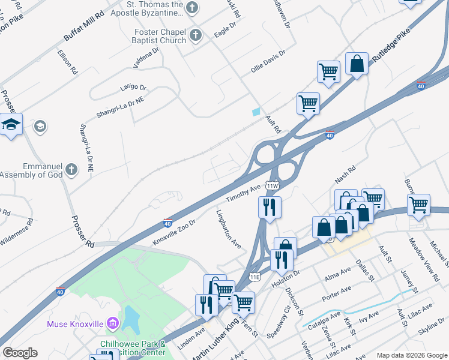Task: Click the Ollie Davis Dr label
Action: click(x=268, y=62)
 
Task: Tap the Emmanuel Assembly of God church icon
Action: click(x=71, y=169)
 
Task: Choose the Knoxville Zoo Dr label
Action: click(x=174, y=232)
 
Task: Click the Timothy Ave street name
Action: click(x=243, y=193)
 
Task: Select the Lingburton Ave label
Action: click(x=229, y=229)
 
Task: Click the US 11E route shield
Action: click(x=254, y=277)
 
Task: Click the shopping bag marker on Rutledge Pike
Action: click(x=357, y=64)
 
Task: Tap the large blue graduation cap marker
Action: click(x=11, y=124)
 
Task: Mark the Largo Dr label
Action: click(x=133, y=89)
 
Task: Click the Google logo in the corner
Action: click(x=20, y=353)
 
